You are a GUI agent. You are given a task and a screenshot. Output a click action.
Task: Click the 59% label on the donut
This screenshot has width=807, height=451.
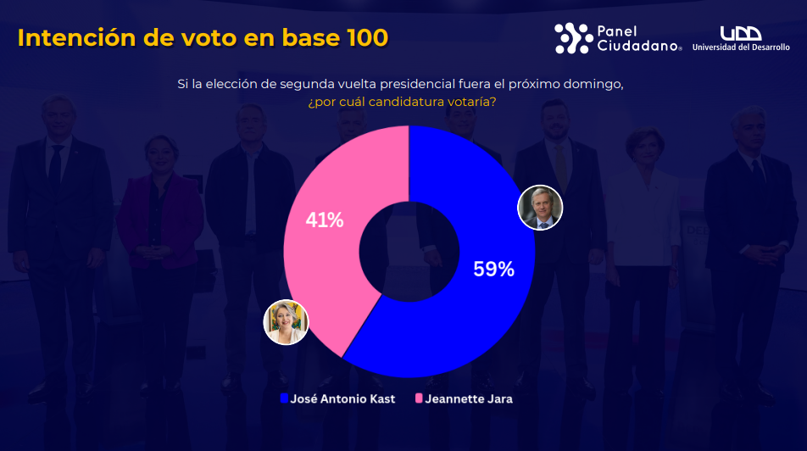pos(493,270)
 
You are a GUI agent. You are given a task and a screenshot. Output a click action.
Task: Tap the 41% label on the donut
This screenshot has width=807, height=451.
pos(325,220)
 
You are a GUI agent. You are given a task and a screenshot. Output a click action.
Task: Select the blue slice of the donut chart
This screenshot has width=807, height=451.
pos(475,322)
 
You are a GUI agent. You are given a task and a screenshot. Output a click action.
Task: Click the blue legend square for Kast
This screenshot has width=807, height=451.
pos(284,398)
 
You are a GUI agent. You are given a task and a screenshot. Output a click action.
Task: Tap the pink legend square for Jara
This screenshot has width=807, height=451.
pos(419,398)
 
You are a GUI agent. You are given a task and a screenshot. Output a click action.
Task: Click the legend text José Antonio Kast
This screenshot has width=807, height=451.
pos(342,398)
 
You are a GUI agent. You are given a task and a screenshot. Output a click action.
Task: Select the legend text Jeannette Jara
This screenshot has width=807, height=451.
pos(469,398)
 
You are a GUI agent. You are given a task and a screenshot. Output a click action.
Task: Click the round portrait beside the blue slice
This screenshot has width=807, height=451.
pos(540,208)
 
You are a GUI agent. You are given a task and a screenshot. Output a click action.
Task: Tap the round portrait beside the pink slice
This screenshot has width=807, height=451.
pos(286,322)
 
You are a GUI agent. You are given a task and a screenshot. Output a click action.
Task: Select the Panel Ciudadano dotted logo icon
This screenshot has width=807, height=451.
pos(574,38)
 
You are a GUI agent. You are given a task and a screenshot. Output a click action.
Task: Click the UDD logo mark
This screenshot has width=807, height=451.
pos(739,33)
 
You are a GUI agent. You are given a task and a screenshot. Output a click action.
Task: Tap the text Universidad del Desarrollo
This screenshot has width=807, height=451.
pos(741,47)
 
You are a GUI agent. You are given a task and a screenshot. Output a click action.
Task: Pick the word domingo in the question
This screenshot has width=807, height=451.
pos(596,84)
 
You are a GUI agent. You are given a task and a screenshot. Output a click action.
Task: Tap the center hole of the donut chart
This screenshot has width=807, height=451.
pos(409,251)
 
